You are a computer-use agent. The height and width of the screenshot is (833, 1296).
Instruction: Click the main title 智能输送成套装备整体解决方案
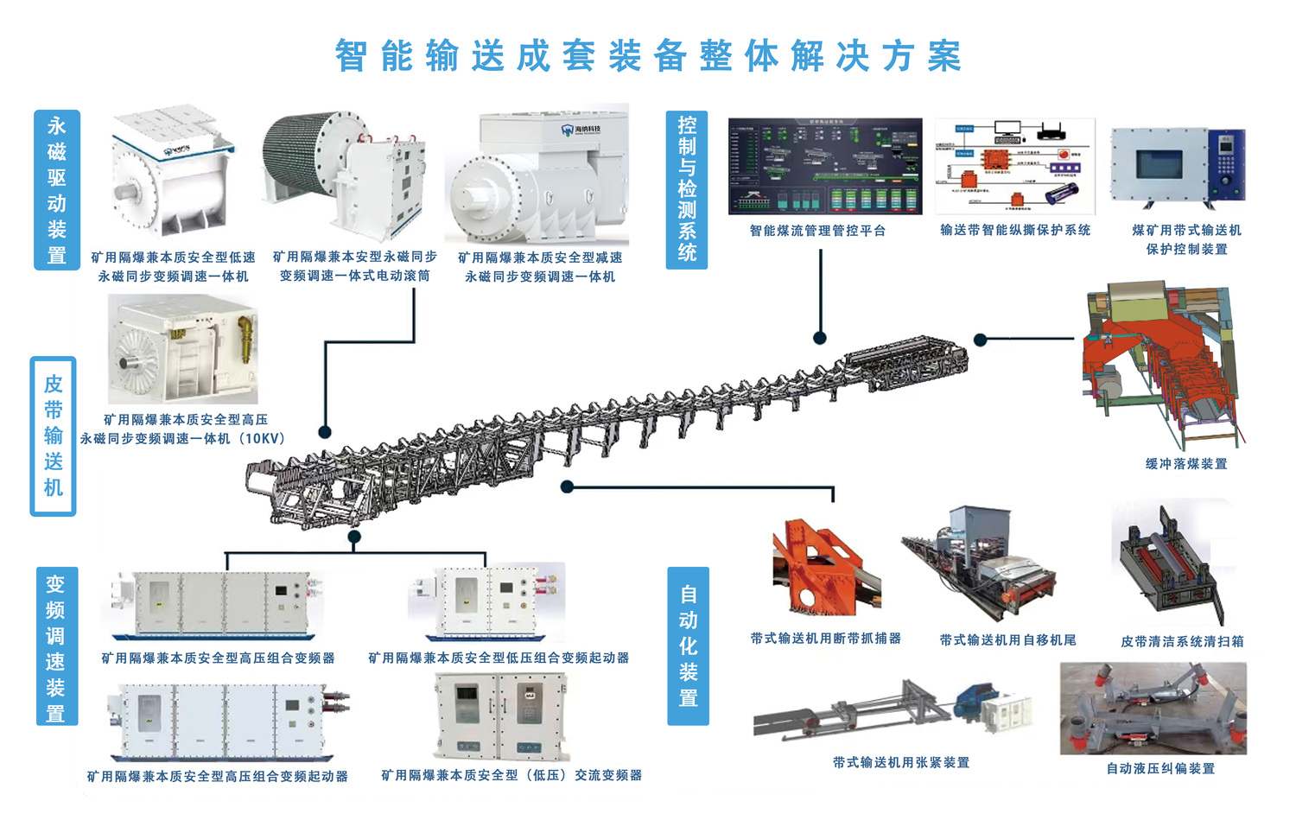pyautogui.click(x=648, y=56)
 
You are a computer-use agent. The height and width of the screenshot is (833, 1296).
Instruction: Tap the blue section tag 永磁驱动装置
pyautogui.click(x=57, y=190)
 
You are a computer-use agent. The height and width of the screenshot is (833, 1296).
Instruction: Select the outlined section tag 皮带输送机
pyautogui.click(x=54, y=436)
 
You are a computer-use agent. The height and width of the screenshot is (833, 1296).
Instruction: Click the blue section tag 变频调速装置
pyautogui.click(x=56, y=647)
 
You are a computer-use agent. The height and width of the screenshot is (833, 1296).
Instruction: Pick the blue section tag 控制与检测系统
pyautogui.click(x=687, y=189)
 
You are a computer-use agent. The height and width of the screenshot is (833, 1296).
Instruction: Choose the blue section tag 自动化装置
pyautogui.click(x=688, y=645)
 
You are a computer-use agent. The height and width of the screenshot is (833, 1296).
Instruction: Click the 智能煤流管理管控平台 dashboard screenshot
pyautogui.click(x=825, y=167)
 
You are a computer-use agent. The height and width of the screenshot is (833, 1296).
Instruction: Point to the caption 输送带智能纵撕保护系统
pyautogui.click(x=1015, y=230)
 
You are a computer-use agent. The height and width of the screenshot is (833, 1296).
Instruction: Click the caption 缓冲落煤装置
pyautogui.click(x=1186, y=464)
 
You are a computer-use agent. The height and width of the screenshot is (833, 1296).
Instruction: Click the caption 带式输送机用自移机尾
pyautogui.click(x=1007, y=640)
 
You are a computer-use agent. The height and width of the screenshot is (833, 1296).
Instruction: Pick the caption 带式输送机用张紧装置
pyautogui.click(x=900, y=762)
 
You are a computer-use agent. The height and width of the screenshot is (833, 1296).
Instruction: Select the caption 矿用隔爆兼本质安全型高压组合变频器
pyautogui.click(x=218, y=658)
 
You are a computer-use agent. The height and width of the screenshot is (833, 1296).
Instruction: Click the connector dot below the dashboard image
pyautogui.click(x=819, y=338)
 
